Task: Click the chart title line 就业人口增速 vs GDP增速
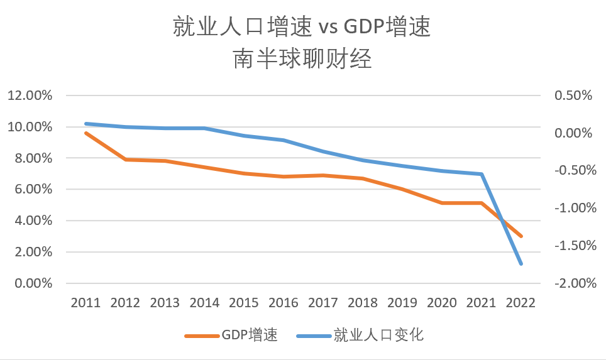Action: click(302, 26)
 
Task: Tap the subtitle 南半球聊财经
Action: click(302, 59)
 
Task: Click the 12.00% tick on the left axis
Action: click(30, 95)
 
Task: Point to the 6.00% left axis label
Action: click(33, 189)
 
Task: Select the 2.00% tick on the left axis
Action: click(33, 252)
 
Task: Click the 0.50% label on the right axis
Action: click(573, 95)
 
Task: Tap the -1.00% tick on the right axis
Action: click(575, 208)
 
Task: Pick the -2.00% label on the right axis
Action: click(575, 283)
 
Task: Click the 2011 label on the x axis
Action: click(85, 303)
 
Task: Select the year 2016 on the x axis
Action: click(284, 303)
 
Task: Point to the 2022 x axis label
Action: click(521, 303)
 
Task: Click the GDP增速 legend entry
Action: click(231, 335)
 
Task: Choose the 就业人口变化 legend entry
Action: click(360, 335)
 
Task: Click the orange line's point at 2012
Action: click(125, 160)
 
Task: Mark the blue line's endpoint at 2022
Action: click(521, 264)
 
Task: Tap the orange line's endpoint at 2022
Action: click(521, 236)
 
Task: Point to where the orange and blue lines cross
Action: click(502, 221)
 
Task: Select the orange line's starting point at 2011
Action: click(85, 133)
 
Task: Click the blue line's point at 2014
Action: click(204, 128)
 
